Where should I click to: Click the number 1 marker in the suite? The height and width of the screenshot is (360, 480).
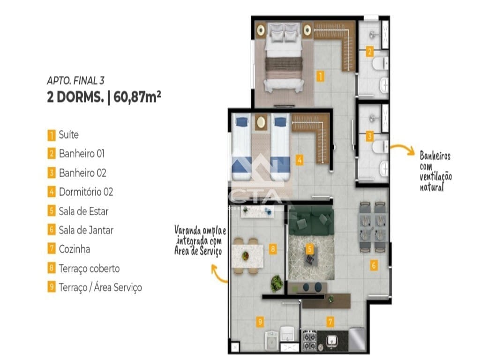320,76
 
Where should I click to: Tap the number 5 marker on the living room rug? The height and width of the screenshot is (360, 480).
310,249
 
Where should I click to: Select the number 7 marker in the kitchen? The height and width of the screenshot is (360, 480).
330,322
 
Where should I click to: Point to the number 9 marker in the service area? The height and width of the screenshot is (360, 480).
260,322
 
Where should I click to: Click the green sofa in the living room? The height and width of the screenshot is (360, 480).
311,220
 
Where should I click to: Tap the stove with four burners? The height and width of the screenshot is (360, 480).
309,340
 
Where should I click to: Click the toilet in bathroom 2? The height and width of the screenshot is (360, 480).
380,63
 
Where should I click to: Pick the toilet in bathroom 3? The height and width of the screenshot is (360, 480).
380,147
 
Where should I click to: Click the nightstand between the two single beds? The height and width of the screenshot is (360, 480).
261,122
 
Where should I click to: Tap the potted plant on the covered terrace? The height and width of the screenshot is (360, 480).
277,284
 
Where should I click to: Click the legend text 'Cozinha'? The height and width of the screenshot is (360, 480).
75,249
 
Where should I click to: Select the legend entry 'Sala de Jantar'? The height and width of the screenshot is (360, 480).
86,230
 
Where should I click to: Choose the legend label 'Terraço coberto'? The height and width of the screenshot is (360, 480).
89,269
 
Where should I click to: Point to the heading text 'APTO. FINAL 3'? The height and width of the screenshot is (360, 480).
75,81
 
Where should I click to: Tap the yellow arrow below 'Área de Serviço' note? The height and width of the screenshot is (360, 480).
218,273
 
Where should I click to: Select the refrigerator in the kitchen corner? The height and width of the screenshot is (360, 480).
357,339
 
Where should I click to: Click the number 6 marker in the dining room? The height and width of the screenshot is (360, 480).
374,265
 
